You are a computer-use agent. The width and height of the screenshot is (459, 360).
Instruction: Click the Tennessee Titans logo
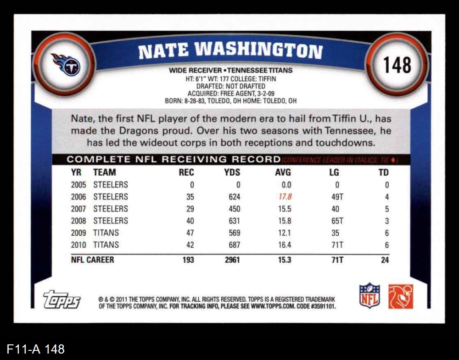(x=66, y=65)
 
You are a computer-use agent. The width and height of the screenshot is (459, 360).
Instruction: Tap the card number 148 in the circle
(x=397, y=65)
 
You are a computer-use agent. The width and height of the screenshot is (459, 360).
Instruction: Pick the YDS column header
(x=232, y=172)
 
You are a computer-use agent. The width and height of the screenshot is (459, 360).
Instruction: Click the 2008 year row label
(x=78, y=221)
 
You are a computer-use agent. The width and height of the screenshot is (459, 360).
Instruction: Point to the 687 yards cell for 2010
(x=234, y=245)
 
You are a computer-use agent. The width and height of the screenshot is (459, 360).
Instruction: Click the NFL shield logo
(x=369, y=296)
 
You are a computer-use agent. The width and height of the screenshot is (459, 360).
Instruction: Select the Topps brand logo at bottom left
(x=62, y=299)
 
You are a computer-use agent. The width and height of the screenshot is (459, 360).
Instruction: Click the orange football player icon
(x=401, y=296)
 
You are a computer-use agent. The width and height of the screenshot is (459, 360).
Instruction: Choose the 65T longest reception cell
(x=337, y=221)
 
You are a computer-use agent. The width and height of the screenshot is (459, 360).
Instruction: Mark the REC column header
(x=186, y=172)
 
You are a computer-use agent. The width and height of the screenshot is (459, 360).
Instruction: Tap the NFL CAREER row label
(x=92, y=260)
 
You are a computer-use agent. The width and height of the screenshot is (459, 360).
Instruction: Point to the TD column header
(x=384, y=172)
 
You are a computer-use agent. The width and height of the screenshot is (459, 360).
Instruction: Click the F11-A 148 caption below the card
(x=36, y=349)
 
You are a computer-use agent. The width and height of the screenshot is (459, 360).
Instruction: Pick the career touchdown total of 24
(x=385, y=260)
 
